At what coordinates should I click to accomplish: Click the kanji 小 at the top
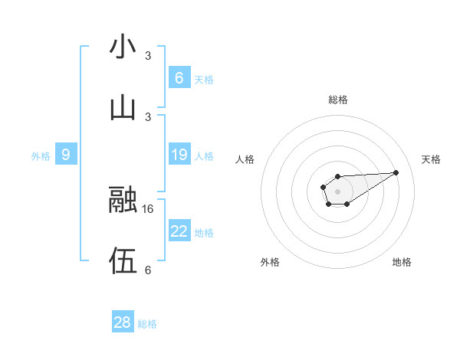click(x=123, y=47)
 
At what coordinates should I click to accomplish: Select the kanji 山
click(x=123, y=108)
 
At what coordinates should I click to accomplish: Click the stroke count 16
click(x=149, y=208)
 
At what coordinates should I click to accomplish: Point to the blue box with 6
click(x=179, y=78)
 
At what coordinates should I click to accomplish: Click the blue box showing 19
click(x=179, y=155)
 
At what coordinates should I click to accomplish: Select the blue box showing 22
click(x=179, y=231)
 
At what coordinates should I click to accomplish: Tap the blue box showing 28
click(x=123, y=322)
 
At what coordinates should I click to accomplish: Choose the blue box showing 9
click(x=66, y=155)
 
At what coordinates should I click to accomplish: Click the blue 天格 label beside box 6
click(x=204, y=79)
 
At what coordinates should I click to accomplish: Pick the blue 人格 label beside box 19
click(x=204, y=155)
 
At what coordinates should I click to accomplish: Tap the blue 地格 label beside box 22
click(x=204, y=232)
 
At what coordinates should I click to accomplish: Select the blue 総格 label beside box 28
click(x=147, y=323)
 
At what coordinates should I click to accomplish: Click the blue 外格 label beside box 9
click(x=41, y=155)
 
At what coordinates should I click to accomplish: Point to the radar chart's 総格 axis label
click(x=337, y=100)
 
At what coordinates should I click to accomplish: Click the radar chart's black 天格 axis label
click(x=432, y=159)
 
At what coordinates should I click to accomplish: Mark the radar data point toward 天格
click(x=396, y=172)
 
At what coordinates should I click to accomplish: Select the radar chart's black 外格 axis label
click(x=270, y=262)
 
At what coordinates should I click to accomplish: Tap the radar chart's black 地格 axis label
click(x=402, y=262)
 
